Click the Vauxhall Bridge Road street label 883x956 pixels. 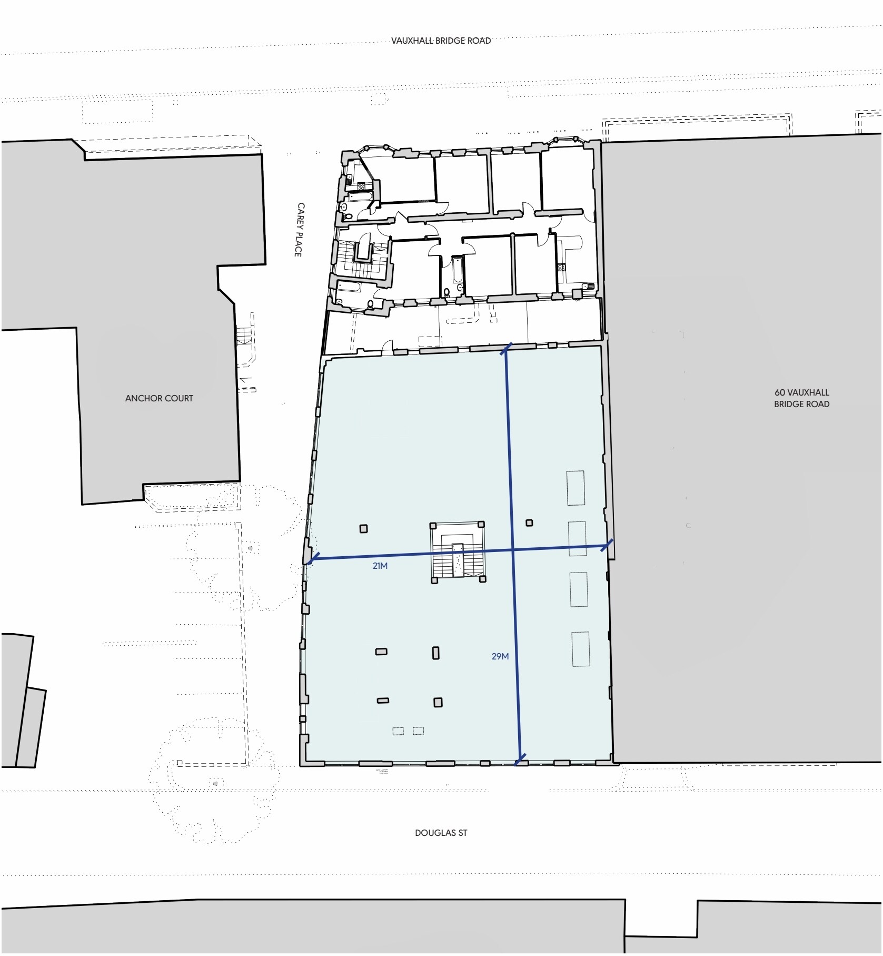(x=441, y=41)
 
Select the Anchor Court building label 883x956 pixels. (x=159, y=399)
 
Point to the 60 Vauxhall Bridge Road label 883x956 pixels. (x=801, y=399)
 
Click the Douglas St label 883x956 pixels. (x=441, y=833)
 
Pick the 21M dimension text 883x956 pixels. (x=380, y=566)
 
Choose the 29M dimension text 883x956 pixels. (x=500, y=656)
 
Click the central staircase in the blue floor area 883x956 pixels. (x=458, y=553)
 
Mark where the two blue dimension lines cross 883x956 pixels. (x=513, y=550)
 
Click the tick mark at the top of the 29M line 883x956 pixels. (x=506, y=348)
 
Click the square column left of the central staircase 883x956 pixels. (x=363, y=529)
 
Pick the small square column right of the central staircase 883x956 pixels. (x=529, y=523)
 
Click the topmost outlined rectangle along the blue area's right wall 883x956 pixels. (x=576, y=488)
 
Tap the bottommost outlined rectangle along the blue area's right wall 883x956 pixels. (x=581, y=649)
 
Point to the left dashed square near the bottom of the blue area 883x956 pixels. (x=398, y=731)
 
